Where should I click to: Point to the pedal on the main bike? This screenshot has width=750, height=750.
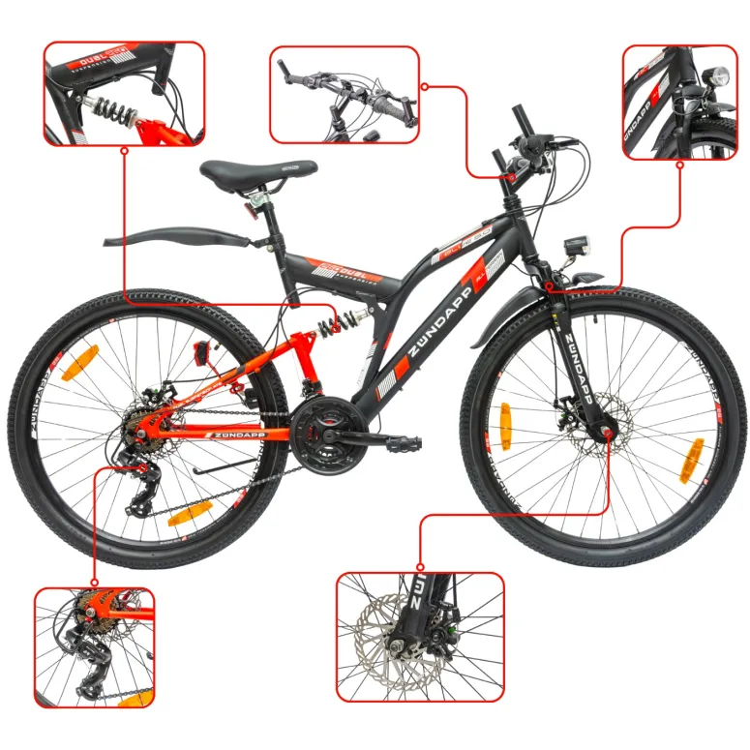405,443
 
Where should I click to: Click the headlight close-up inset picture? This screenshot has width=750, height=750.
679,101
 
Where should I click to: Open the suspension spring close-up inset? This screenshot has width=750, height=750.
124,93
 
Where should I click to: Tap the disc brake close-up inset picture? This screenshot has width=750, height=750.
420,636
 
